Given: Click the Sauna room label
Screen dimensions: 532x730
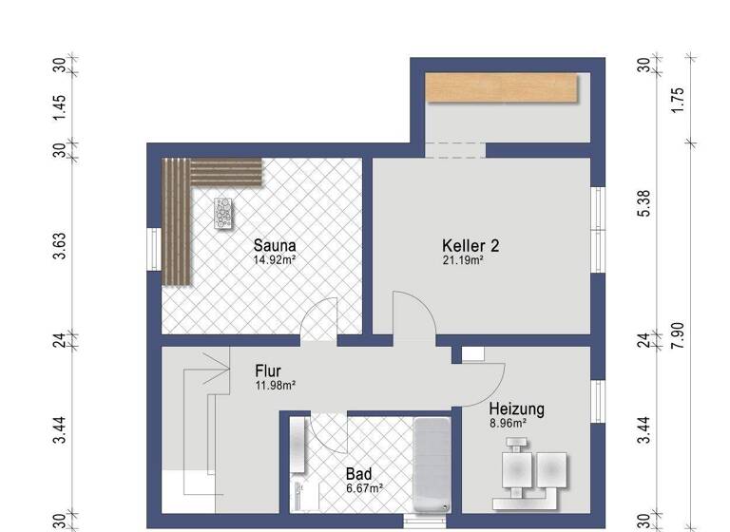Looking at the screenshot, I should point(274,244).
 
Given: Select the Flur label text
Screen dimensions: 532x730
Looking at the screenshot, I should point(268,371).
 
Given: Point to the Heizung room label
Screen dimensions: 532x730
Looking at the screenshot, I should point(516,409).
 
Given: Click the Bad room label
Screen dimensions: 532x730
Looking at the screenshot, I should point(358,474).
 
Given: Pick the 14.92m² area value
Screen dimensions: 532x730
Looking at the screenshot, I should point(275,258).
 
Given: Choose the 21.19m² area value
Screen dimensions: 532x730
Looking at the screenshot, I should point(463,259).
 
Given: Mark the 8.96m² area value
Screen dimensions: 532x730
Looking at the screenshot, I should point(508,424).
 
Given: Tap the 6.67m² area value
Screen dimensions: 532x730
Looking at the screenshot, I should point(364,488).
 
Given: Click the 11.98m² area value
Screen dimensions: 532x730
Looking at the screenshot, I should point(276,386).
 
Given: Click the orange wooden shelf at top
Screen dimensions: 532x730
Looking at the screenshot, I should point(502,88).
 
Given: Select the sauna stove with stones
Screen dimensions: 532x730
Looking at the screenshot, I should point(224,214).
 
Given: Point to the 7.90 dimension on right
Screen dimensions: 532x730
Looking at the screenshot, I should point(677,335).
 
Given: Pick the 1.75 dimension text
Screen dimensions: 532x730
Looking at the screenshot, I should point(677,101).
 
